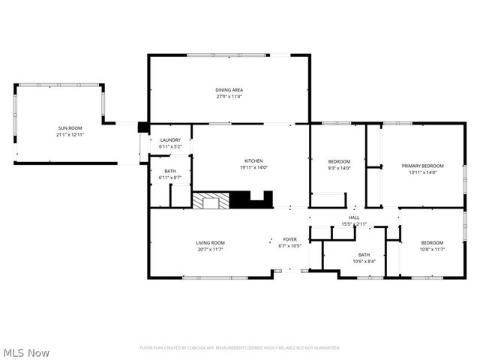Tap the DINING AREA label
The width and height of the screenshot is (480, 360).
(x=229, y=89)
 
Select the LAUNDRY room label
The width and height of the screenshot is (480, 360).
(x=170, y=140)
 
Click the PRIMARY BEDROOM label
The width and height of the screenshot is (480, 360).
(x=422, y=166)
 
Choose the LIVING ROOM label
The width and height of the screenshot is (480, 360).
(x=211, y=242)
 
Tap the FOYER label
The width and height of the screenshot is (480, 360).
(x=289, y=239)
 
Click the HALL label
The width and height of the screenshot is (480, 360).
(x=355, y=217)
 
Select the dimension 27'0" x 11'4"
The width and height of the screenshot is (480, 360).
(x=229, y=96)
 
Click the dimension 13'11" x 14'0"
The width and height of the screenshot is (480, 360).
(x=422, y=172)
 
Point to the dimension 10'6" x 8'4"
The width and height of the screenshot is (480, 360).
(x=364, y=261)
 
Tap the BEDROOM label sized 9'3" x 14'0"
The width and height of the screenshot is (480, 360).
(x=340, y=162)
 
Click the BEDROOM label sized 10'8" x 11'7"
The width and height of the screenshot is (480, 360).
(x=432, y=242)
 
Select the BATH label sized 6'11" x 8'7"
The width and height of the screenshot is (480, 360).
(x=170, y=171)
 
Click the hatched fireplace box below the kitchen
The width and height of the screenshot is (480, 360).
(x=210, y=200)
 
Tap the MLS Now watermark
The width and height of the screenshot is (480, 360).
(x=26, y=352)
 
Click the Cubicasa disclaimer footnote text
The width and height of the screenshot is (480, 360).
(x=240, y=348)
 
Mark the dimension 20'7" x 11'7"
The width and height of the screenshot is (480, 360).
(x=211, y=249)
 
